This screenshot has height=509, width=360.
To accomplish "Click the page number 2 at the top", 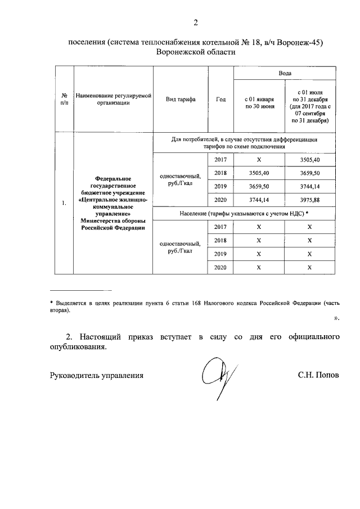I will [196, 23].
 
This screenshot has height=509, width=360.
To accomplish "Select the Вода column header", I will [285, 74].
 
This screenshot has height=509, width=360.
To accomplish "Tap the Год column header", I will [220, 100].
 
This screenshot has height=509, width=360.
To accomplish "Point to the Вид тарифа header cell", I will [180, 100].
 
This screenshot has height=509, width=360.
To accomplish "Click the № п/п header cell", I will [65, 99].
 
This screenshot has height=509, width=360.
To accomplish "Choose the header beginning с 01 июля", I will [310, 105].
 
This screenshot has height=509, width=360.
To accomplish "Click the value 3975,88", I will [310, 200].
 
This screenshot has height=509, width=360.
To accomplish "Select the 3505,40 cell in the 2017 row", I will [310, 160].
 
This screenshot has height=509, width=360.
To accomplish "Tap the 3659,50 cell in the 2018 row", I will [310, 173].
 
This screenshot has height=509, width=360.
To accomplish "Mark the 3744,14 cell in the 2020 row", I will [259, 200].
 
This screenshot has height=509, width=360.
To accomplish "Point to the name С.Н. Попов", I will [318, 375].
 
